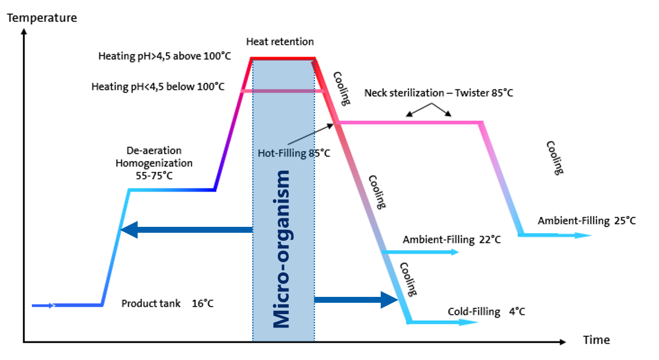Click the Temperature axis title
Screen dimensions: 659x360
pos(42,18)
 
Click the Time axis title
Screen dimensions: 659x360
pos(596,340)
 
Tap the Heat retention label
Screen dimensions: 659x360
pos(280,42)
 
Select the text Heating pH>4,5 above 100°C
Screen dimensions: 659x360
pos(164,56)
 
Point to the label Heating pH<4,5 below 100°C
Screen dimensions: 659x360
pos(158,87)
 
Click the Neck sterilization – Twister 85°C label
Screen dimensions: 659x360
pos(439,93)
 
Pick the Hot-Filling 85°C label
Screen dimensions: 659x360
pos(294,153)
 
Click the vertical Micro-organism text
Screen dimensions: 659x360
pos(282,249)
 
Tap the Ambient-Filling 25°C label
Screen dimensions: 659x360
pos(586,221)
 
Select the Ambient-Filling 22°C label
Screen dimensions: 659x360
pos(452,240)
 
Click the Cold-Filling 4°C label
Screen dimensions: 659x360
pos(486,312)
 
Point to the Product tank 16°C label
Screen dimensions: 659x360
pos(167,303)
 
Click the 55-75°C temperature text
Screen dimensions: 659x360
pos(154,176)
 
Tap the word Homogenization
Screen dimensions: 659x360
pos(154,163)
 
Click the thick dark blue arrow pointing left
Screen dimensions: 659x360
pos(187,230)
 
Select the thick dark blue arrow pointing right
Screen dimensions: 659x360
pos(356,300)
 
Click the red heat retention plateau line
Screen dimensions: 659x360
pos(283,59)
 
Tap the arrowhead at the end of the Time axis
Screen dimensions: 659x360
pos(562,342)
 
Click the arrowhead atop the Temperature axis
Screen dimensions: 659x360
pos(24,32)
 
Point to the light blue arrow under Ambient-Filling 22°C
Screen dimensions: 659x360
pos(420,252)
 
